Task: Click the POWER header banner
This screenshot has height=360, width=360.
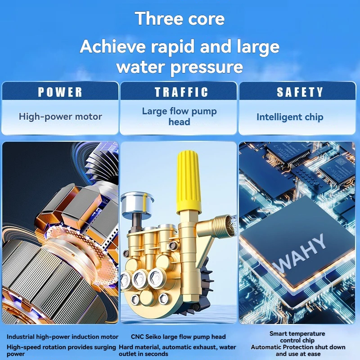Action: click(x=60, y=91)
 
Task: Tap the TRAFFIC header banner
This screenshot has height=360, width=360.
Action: click(x=178, y=91)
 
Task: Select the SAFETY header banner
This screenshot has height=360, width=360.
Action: click(x=297, y=91)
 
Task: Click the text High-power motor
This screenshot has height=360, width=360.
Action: click(x=60, y=117)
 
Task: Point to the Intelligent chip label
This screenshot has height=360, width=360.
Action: click(x=290, y=117)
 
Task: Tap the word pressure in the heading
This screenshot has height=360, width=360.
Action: click(x=207, y=67)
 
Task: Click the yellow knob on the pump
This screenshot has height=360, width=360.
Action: click(x=189, y=181)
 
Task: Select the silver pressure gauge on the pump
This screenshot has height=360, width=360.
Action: click(x=137, y=204)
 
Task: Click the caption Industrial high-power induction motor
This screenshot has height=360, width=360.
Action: click(x=63, y=337)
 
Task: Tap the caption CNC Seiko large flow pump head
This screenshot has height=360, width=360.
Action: click(x=178, y=337)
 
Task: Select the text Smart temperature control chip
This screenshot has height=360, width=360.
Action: click(x=297, y=337)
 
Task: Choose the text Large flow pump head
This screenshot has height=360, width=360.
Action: click(x=179, y=117)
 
